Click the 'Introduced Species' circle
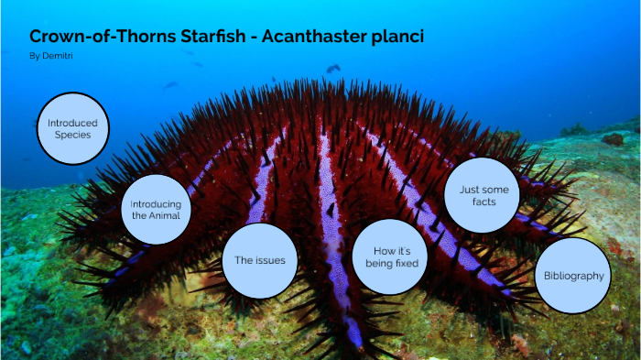[x=73, y=128]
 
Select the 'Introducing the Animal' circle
[x=157, y=210]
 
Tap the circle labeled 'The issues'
[x=260, y=260]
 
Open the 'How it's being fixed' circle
[x=390, y=256]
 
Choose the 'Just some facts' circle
[x=483, y=195]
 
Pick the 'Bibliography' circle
[x=573, y=276]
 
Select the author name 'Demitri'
[x=57, y=56]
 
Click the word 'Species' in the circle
[x=73, y=135]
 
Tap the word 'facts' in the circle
[x=483, y=202]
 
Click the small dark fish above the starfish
[x=333, y=68]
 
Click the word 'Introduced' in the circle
[x=73, y=122]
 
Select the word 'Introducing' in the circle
[x=157, y=203]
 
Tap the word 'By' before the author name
[x=34, y=56]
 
